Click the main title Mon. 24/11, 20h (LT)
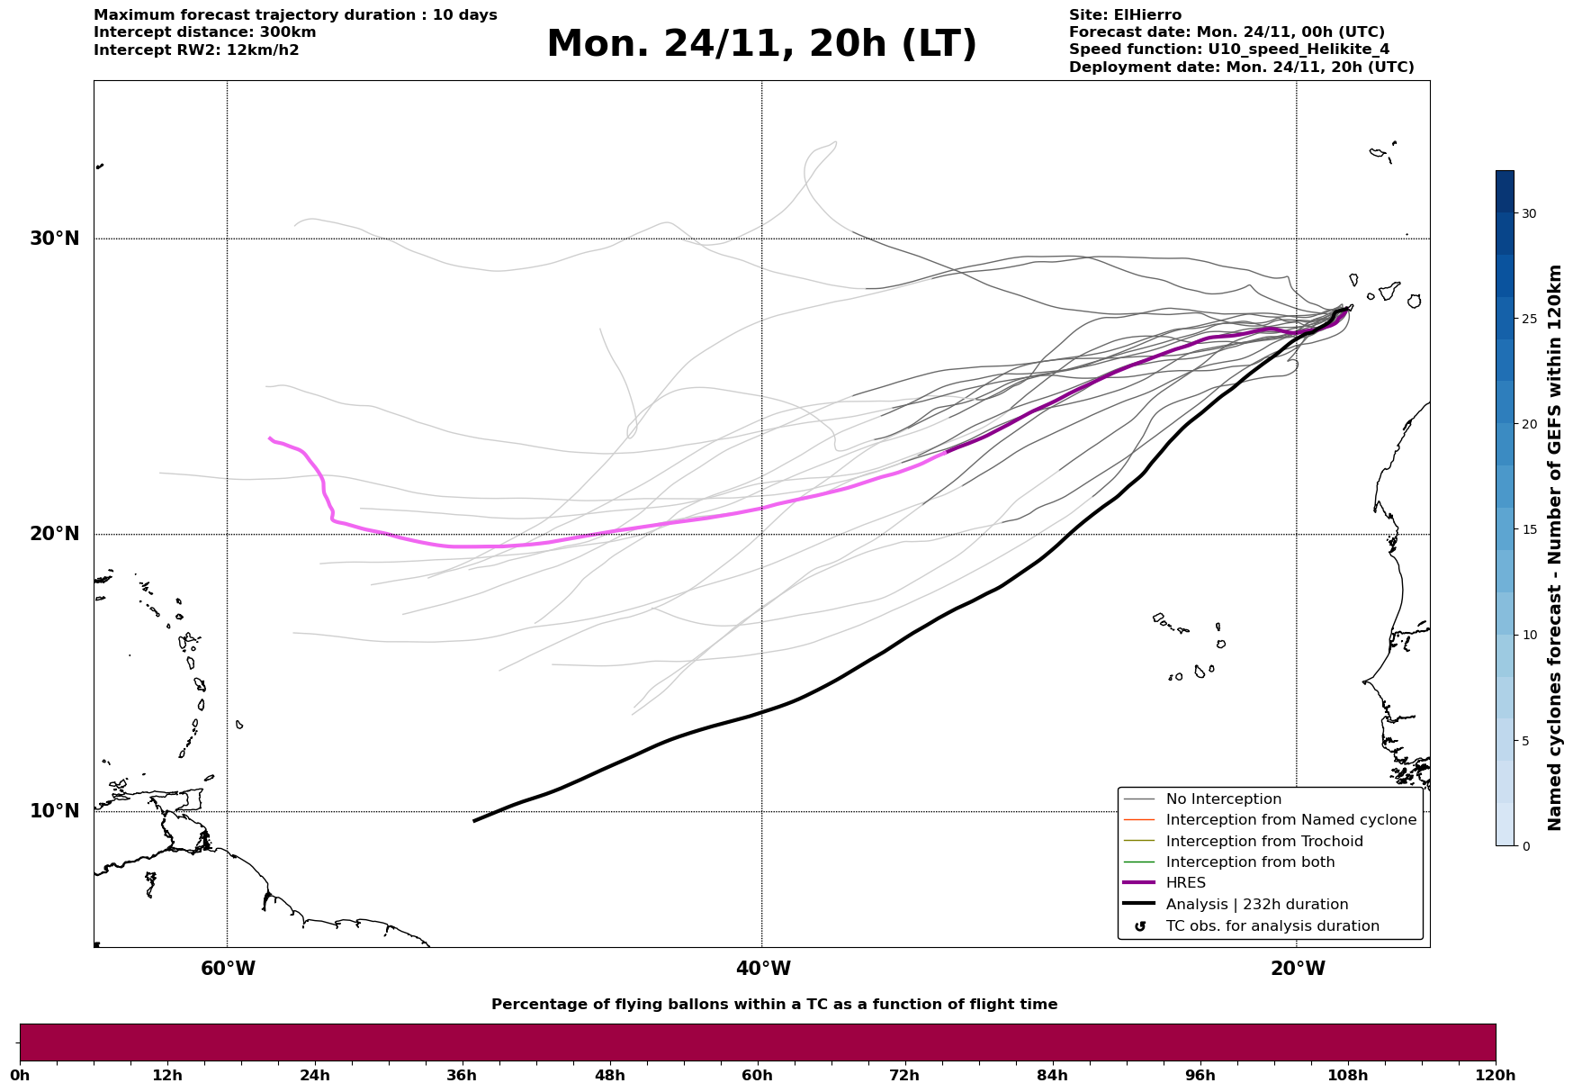[761, 44]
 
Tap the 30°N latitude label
[55, 239]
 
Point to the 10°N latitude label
[55, 811]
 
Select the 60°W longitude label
[228, 969]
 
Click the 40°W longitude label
[763, 969]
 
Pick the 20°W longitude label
[1298, 969]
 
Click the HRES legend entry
[1185, 883]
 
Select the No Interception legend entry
[1223, 799]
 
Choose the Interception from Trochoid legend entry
[1263, 842]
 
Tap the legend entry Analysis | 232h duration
[1256, 905]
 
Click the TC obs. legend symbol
[1140, 926]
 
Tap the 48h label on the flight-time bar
[609, 1075]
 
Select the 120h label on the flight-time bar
[1495, 1075]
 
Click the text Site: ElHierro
[1125, 15]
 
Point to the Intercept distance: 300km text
[204, 32]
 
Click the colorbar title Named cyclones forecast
[1554, 547]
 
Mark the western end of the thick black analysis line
[474, 820]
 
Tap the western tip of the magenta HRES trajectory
[269, 438]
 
